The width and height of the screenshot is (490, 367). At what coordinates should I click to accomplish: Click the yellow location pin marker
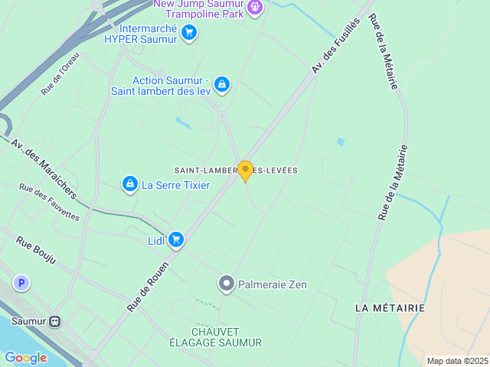point(245,171)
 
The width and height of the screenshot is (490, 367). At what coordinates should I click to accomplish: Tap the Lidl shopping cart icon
point(176,240)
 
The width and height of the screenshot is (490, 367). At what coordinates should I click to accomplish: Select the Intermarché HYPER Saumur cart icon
point(189,32)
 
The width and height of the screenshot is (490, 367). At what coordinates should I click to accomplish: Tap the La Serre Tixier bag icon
point(130,184)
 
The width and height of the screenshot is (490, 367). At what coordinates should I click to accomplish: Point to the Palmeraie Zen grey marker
point(226,284)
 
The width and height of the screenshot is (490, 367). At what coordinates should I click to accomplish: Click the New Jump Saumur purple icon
point(256,8)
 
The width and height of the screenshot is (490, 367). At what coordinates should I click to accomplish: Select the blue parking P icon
point(22,284)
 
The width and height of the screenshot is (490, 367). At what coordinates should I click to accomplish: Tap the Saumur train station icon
point(55,322)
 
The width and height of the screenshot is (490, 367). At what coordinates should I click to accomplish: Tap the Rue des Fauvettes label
point(49,203)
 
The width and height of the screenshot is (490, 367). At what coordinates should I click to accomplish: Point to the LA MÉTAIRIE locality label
point(390,307)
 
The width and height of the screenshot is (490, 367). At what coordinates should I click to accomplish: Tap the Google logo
point(25,357)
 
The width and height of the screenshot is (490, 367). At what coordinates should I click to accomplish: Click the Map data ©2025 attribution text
point(457,361)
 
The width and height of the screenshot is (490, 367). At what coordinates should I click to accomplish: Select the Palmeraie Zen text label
point(273,285)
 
